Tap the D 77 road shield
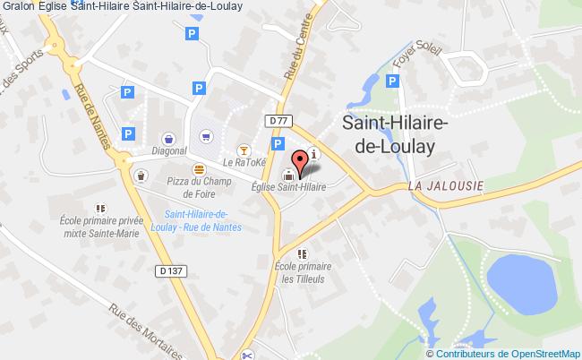(x=276, y=120)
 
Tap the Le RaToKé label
(x=239, y=163)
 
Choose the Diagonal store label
(x=167, y=151)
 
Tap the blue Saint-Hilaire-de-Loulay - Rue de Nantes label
(x=197, y=220)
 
